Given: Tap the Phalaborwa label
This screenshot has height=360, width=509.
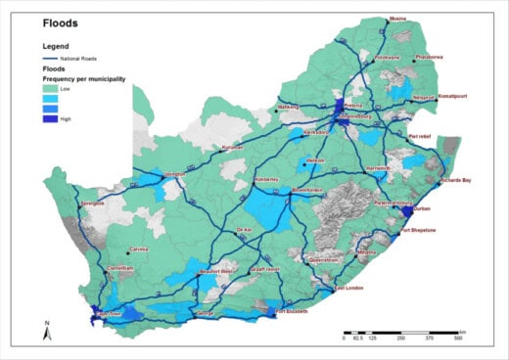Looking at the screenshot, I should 430,57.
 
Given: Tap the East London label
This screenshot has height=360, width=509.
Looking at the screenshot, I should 349,289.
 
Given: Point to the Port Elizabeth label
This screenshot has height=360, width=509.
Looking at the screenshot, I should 292,311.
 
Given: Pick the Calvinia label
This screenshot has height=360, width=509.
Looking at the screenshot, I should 143,248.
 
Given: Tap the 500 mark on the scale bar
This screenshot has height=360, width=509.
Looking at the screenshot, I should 458,337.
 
